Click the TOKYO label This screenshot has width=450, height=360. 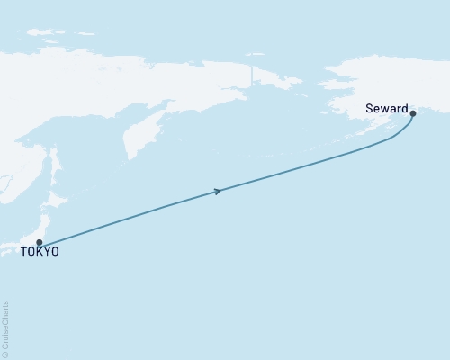pos(40,253)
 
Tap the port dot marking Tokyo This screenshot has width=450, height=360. pos(39,242)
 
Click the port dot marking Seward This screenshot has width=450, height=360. pos(412,113)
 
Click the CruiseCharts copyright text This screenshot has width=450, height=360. pos(6,328)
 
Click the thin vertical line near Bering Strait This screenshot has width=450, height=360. pos(251,72)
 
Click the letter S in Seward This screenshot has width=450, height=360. pos(369,109)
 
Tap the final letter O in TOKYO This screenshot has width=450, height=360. pos(55,253)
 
